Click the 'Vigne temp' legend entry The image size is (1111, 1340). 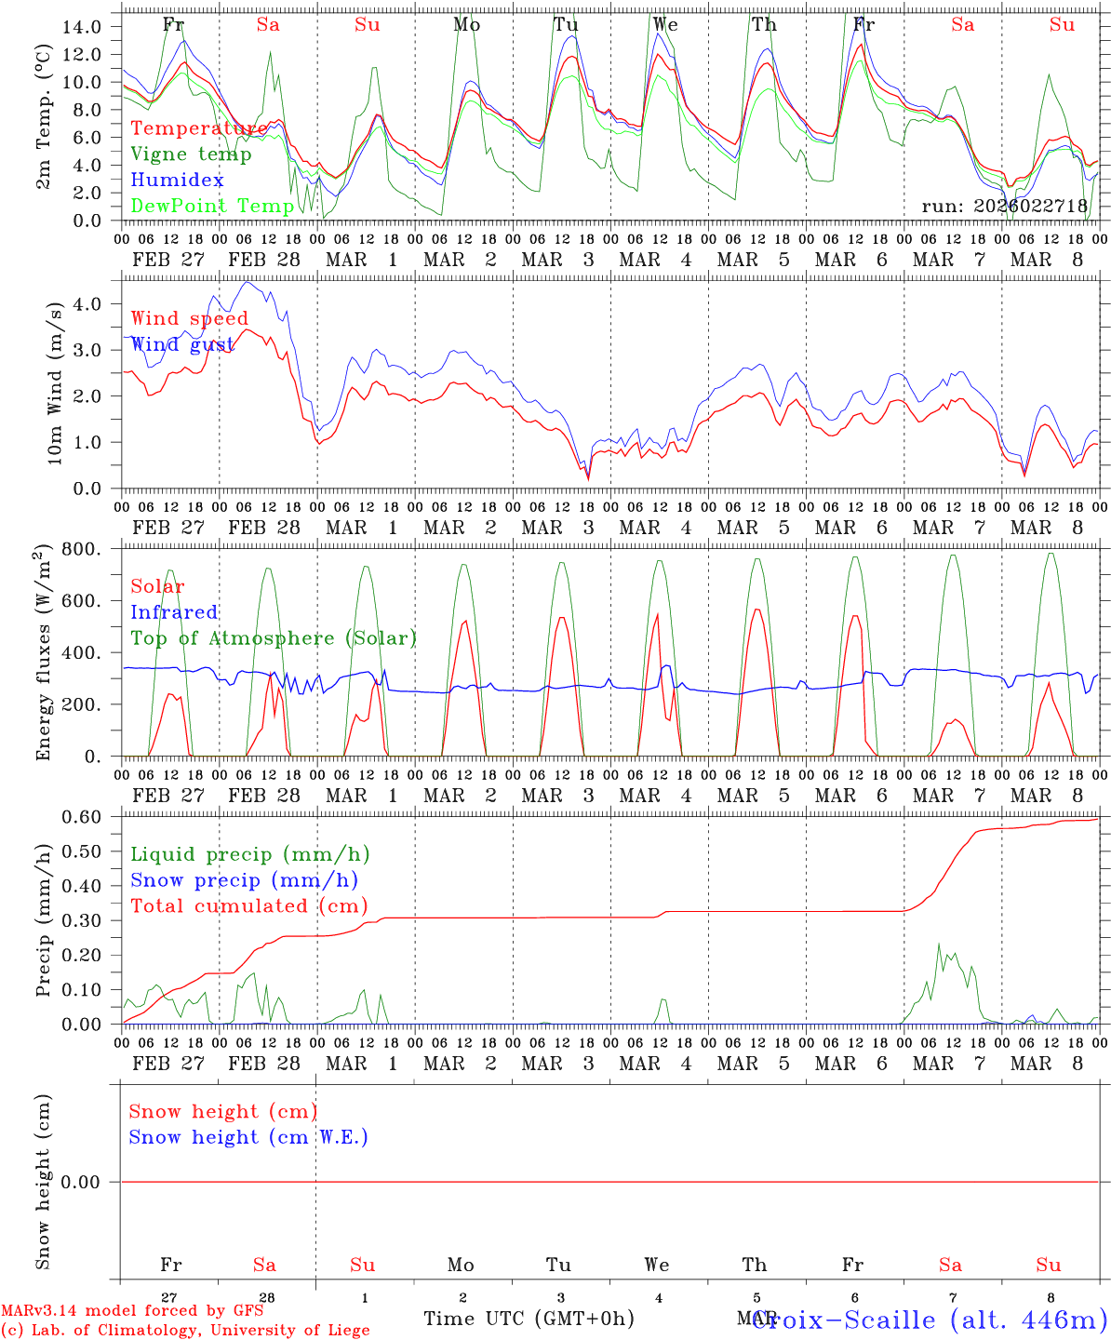tap(191, 154)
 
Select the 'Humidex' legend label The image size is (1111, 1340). tap(177, 181)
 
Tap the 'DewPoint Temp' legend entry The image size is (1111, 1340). tap(212, 206)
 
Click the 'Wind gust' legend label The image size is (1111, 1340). tap(182, 344)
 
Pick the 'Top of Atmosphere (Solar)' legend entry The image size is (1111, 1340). tap(274, 638)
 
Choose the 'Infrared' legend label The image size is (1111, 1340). tap(174, 612)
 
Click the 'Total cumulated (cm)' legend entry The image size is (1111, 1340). tap(249, 905)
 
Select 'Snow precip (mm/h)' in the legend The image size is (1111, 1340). tap(245, 880)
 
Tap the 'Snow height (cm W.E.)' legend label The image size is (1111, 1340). tap(248, 1137)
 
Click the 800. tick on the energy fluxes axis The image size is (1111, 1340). tap(85, 549)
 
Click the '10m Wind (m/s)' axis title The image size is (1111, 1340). tap(55, 383)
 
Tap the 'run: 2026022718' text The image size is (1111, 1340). tap(1004, 206)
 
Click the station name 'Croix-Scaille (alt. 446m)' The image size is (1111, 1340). tap(930, 1319)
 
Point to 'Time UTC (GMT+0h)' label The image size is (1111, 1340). tap(529, 1319)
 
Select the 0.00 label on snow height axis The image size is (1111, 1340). tap(91, 1182)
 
